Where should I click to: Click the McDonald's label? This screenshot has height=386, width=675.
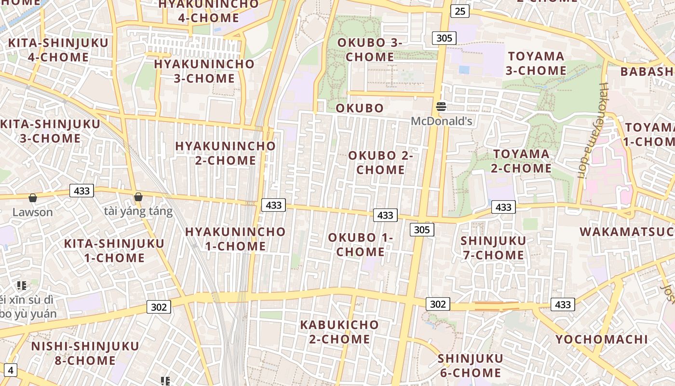click(441, 121)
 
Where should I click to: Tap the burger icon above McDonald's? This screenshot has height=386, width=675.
click(441, 107)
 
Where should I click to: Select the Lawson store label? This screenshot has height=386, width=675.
click(33, 212)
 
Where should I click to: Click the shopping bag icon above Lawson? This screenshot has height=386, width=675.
click(33, 198)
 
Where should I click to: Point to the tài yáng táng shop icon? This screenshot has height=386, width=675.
click(138, 197)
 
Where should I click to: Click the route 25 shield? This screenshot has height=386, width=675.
click(460, 11)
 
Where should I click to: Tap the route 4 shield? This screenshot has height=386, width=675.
click(11, 371)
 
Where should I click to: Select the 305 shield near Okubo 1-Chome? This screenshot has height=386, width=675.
click(422, 230)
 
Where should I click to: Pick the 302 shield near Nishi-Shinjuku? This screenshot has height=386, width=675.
click(159, 307)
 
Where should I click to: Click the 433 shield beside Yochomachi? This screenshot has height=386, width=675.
click(563, 304)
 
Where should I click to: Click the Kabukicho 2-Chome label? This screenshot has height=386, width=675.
click(339, 332)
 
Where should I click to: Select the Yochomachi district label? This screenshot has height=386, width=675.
click(601, 339)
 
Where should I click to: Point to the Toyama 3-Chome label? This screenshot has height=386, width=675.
click(536, 63)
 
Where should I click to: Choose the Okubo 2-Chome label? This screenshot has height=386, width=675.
click(381, 163)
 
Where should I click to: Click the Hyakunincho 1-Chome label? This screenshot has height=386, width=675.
click(235, 239)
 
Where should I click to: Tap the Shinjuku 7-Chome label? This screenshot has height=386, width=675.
click(493, 248)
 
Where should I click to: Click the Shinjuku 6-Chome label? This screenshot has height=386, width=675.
click(470, 366)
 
